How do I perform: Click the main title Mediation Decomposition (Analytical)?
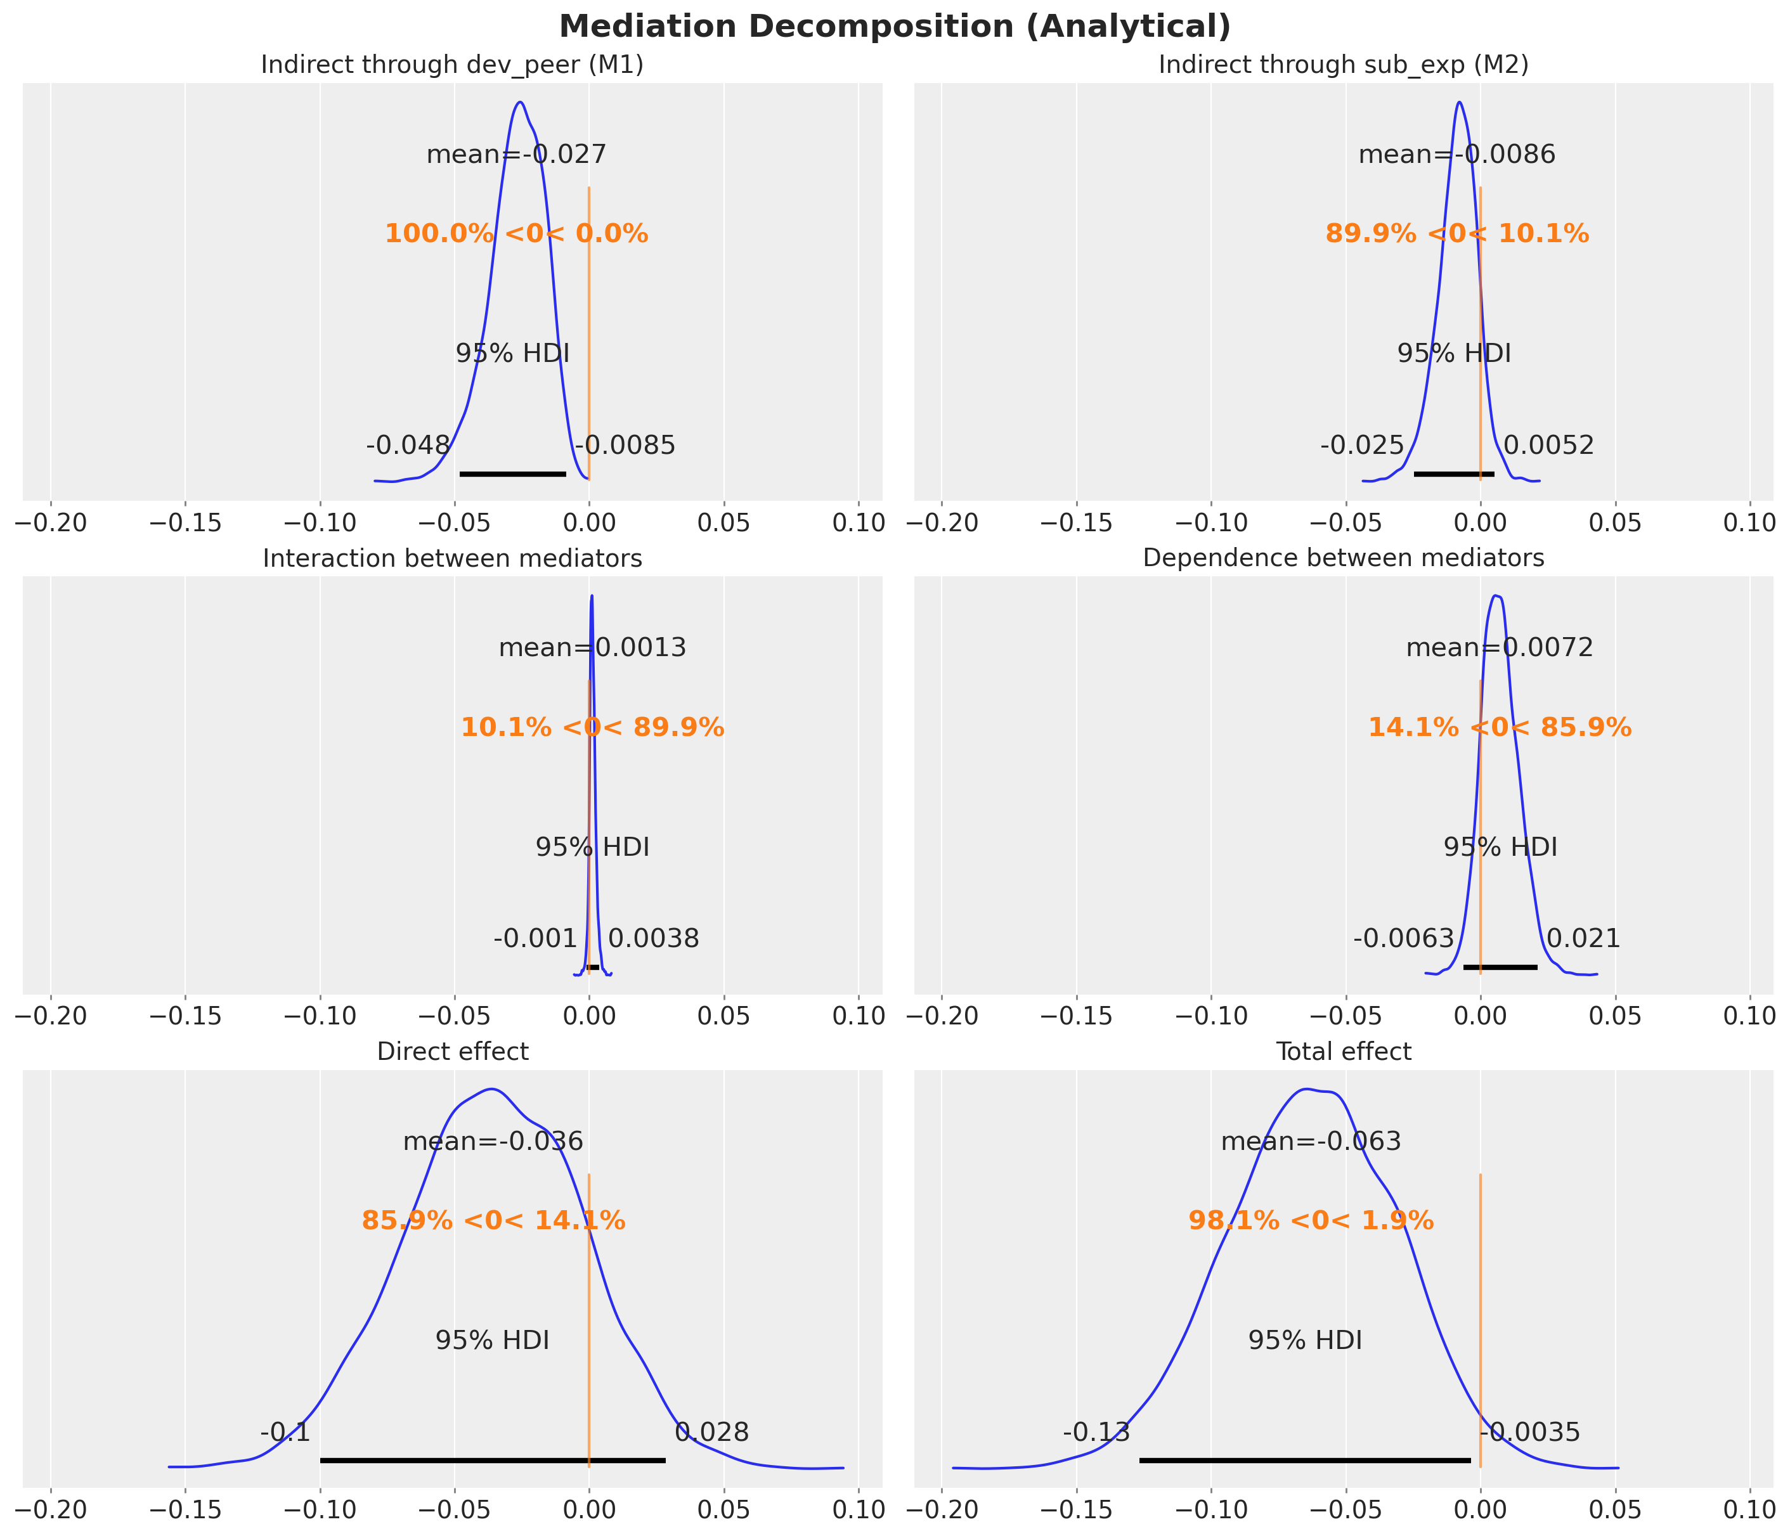(894, 27)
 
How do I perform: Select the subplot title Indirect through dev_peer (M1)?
(452, 66)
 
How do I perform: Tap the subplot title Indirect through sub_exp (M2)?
(1344, 66)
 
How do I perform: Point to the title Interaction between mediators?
(452, 559)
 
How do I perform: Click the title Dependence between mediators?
(1344, 559)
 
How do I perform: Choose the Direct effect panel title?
(452, 1051)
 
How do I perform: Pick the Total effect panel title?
(1344, 1051)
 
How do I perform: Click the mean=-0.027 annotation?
(516, 155)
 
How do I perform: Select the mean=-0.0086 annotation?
(1456, 155)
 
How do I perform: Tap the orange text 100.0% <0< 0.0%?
(516, 234)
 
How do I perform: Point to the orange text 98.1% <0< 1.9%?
(1311, 1221)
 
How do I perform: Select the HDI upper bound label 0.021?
(1583, 939)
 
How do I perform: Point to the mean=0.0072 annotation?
(1499, 649)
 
